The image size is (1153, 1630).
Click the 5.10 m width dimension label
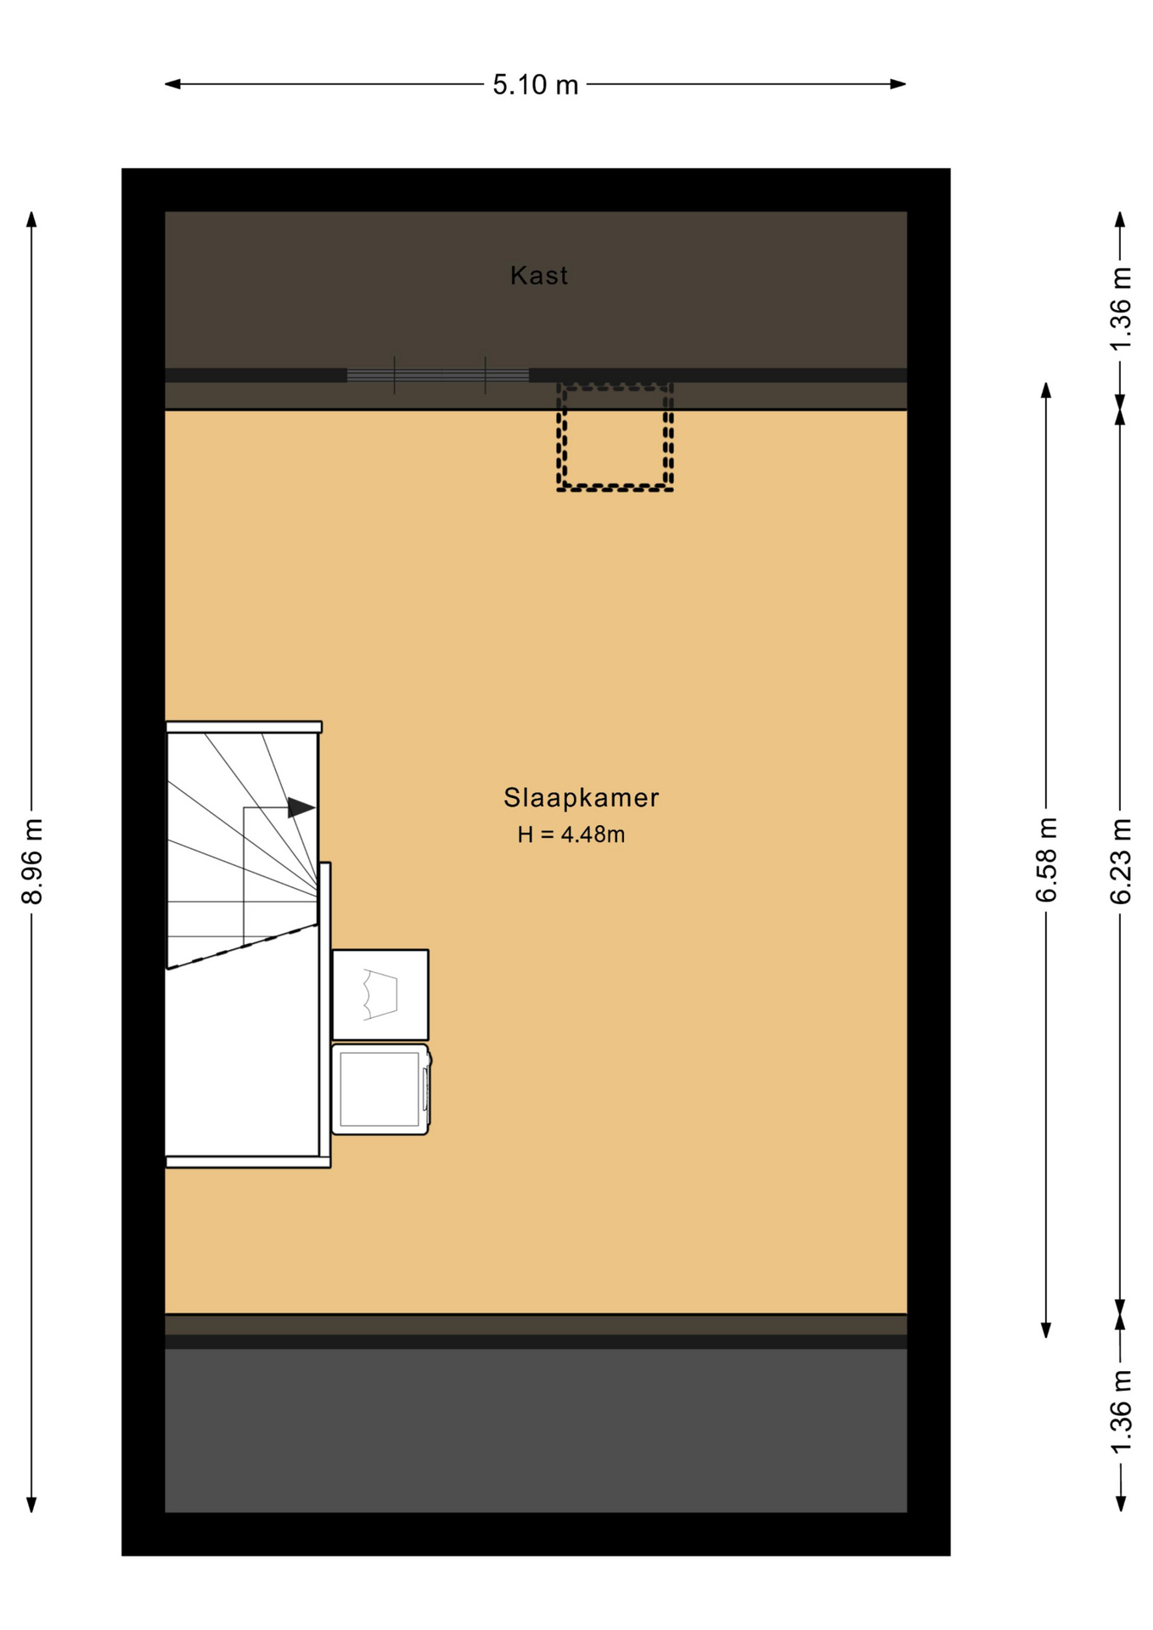(535, 85)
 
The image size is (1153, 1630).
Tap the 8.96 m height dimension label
(32, 862)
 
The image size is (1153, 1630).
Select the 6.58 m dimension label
(1047, 860)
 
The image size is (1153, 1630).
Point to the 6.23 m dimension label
(1121, 861)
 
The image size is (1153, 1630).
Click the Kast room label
(539, 275)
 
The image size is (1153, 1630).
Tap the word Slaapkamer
(582, 797)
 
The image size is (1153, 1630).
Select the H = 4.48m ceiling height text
(571, 835)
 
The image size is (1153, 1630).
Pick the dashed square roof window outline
(616, 436)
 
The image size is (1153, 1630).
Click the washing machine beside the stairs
(380, 1089)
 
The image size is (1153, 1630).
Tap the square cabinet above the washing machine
(380, 994)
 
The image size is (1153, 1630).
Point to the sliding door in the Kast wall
(438, 375)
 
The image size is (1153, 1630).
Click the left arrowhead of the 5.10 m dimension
(172, 84)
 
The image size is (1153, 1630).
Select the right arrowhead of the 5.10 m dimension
(898, 84)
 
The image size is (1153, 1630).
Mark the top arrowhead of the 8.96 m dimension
(31, 220)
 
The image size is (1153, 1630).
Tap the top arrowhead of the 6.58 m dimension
(1046, 391)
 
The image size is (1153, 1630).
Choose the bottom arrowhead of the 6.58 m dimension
(1046, 1329)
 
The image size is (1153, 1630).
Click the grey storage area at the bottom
(536, 1430)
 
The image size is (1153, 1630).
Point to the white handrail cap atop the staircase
(244, 727)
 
